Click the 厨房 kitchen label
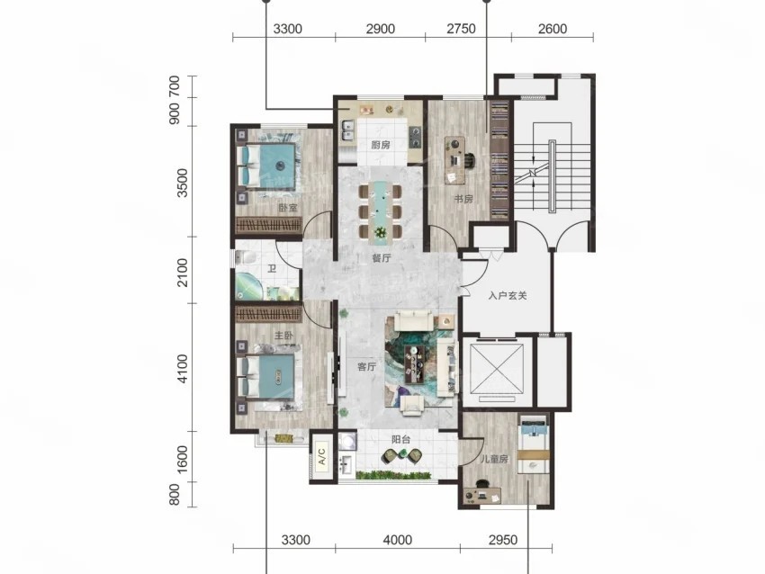(380, 146)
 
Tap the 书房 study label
(463, 199)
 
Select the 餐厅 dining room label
(382, 258)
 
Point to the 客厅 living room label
(366, 367)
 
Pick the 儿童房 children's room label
(494, 459)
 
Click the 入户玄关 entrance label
(508, 295)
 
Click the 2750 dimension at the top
(461, 29)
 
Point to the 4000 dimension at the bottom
(398, 541)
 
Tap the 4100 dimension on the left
(183, 368)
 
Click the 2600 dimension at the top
(553, 29)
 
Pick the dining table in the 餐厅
(380, 212)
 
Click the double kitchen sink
(347, 130)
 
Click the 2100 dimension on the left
(183, 272)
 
